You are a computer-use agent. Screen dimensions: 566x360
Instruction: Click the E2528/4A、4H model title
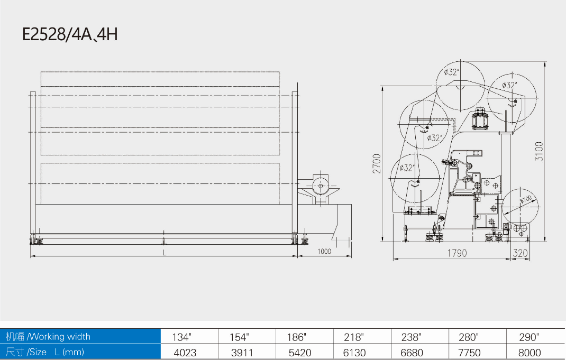(x=70, y=34)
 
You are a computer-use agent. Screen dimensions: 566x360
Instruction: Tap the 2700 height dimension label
(x=377, y=164)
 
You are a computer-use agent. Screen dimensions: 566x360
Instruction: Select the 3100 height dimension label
(x=539, y=152)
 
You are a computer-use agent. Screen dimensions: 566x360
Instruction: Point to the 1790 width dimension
(x=457, y=253)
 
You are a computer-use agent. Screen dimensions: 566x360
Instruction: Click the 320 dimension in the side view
(x=520, y=253)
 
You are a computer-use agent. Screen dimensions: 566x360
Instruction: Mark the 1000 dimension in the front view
(x=324, y=252)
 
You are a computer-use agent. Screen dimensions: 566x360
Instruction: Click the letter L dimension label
(x=164, y=253)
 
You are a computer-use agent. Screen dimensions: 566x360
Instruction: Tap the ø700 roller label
(x=526, y=199)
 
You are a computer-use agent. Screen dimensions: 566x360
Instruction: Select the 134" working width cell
(x=181, y=337)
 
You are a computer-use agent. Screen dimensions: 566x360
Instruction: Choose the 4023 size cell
(x=185, y=353)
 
